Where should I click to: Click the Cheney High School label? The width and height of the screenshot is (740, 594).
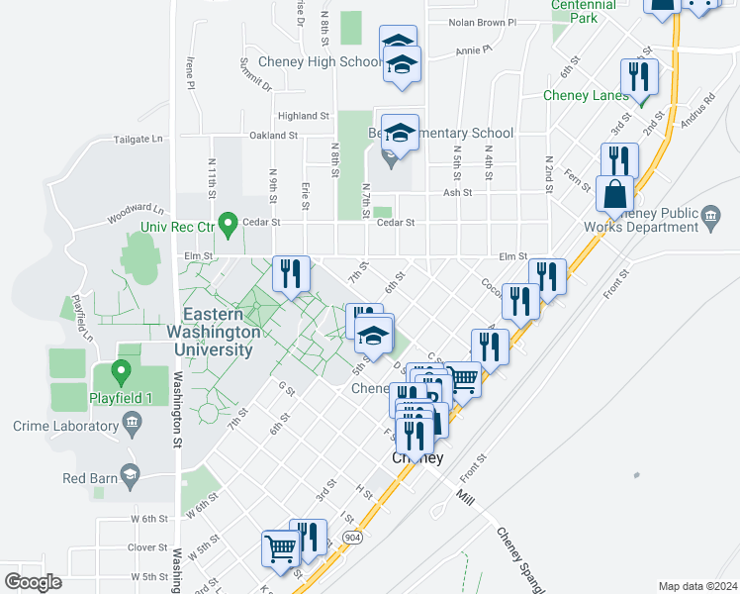[320, 61]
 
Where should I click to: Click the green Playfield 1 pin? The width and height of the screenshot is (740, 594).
[122, 373]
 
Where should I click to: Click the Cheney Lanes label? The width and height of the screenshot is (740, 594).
[586, 96]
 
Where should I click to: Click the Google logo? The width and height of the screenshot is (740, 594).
[33, 582]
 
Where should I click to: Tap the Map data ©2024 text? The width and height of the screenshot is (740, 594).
[697, 586]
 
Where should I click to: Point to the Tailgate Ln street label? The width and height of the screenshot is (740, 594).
[138, 140]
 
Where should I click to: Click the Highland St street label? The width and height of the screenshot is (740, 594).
[303, 116]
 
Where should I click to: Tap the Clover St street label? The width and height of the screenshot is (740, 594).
[147, 547]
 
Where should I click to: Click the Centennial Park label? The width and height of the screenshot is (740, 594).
[584, 11]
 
